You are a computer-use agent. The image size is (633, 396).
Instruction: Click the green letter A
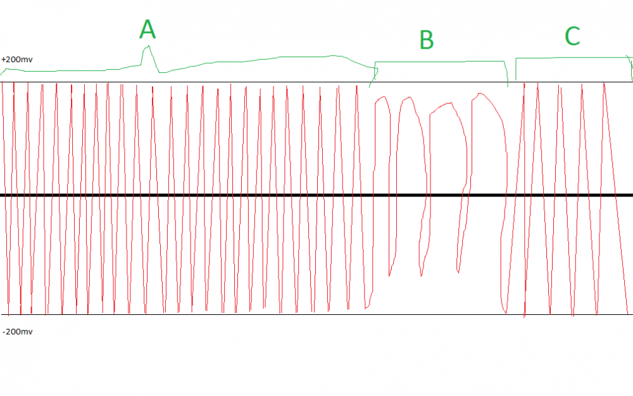pos(147,30)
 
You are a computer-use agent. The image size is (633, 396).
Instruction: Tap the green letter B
pos(427,39)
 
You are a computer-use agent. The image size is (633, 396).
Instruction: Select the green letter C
pos(572,36)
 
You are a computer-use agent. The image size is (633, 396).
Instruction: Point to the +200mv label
pos(17,60)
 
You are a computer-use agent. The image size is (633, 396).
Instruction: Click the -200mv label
pos(18,332)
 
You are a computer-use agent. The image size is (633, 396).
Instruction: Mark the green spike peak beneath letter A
pos(149,46)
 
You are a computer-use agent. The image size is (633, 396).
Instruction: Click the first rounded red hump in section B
pos(383,98)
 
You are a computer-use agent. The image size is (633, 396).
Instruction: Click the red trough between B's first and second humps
pos(389,275)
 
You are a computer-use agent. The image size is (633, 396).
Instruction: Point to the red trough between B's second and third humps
pos(422,275)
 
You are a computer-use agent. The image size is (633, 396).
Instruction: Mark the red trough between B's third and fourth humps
pos(458,272)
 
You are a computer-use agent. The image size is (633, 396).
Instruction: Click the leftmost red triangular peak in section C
pos(524,83)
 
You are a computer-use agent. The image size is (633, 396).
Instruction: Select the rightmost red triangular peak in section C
pos(604,83)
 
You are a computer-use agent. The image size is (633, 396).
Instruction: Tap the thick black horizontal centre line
pos(316,195)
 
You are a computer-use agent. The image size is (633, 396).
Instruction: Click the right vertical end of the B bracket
pos(506,73)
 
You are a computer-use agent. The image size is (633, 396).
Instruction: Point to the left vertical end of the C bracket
pos(516,68)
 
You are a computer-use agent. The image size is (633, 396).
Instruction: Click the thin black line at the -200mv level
pos(316,314)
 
